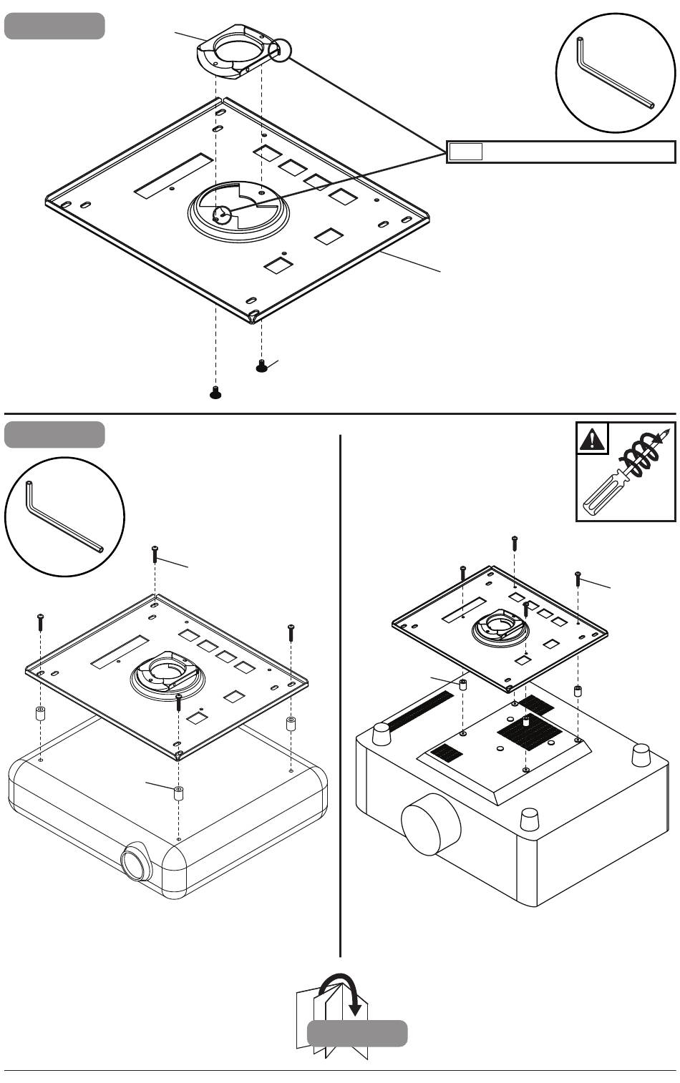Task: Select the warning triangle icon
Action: click(x=593, y=438)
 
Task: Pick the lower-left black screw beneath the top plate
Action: click(x=215, y=391)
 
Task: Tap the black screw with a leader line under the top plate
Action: click(x=261, y=366)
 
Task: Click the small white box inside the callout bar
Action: click(x=466, y=152)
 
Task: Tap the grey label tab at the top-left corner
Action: click(x=54, y=26)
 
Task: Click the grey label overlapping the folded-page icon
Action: click(x=357, y=1034)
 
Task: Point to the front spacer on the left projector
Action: click(x=178, y=793)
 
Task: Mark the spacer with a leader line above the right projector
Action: click(x=463, y=685)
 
